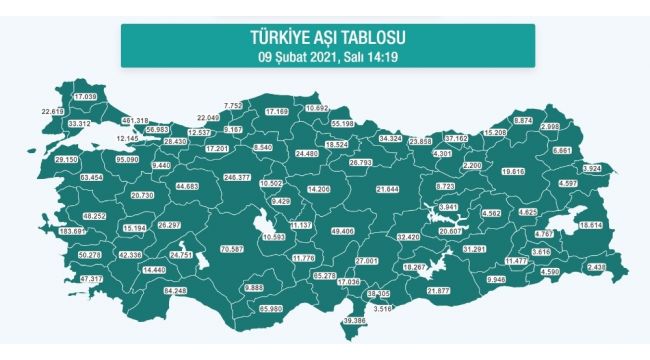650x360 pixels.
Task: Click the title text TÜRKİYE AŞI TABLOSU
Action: tap(328, 38)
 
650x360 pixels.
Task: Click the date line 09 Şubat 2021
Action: tap(328, 55)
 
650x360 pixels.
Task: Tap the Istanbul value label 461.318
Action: tap(133, 120)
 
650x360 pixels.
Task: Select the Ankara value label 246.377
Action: tap(237, 176)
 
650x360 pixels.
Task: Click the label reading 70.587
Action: tap(231, 247)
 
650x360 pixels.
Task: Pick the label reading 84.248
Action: tap(175, 291)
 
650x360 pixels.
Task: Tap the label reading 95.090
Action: tap(128, 158)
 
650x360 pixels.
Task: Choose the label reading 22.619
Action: tap(53, 111)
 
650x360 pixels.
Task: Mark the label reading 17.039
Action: tap(84, 96)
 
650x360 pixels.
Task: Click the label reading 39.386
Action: tap(356, 320)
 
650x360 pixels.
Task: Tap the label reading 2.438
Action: tap(598, 268)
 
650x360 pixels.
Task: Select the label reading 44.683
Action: tap(187, 186)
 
